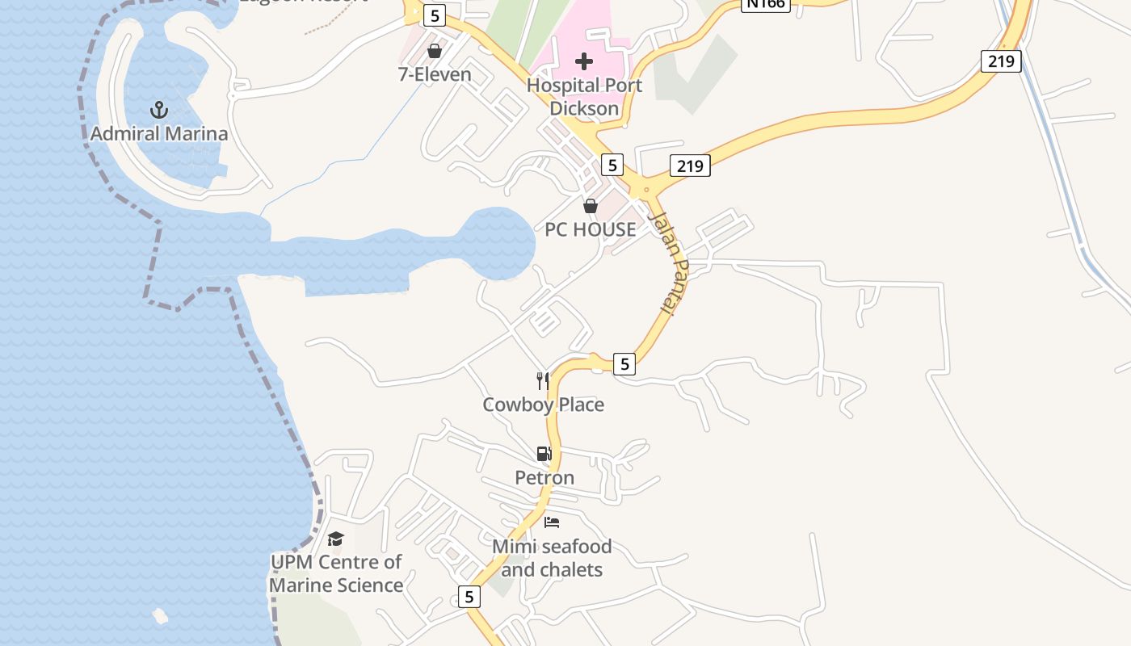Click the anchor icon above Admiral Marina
[x=159, y=109]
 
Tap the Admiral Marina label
[x=159, y=133]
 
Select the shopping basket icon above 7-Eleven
[x=435, y=51]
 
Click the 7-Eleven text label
[x=435, y=74]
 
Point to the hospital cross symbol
[x=584, y=61]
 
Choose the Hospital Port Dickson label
[x=584, y=96]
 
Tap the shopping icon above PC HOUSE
[x=591, y=206]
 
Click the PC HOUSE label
[x=591, y=229]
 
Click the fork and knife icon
[x=543, y=380]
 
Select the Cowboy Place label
[x=543, y=405]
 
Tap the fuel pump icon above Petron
[x=544, y=454]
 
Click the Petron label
[x=544, y=477]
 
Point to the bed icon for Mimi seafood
[x=552, y=522]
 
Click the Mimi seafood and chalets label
[x=552, y=558]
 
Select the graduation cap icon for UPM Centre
[x=335, y=538]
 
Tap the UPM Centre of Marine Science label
[x=335, y=573]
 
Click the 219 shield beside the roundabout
[x=690, y=166]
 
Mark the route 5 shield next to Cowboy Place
[x=624, y=364]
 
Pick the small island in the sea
[x=160, y=616]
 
